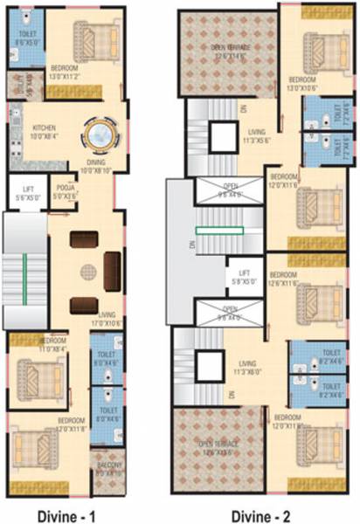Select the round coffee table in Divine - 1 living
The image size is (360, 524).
87,272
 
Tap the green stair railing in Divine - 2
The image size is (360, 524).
220,231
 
